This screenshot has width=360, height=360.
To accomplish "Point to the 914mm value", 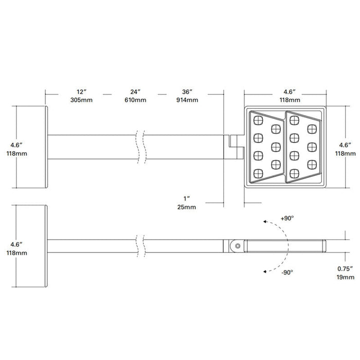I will pos(187,100).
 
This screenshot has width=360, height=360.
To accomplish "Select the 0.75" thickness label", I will pos(346,268).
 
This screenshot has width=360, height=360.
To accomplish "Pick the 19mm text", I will pos(346,277).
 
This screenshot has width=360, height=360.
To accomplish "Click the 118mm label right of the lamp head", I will pos(346,153).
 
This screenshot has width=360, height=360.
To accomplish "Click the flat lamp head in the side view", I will pos(285,246).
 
